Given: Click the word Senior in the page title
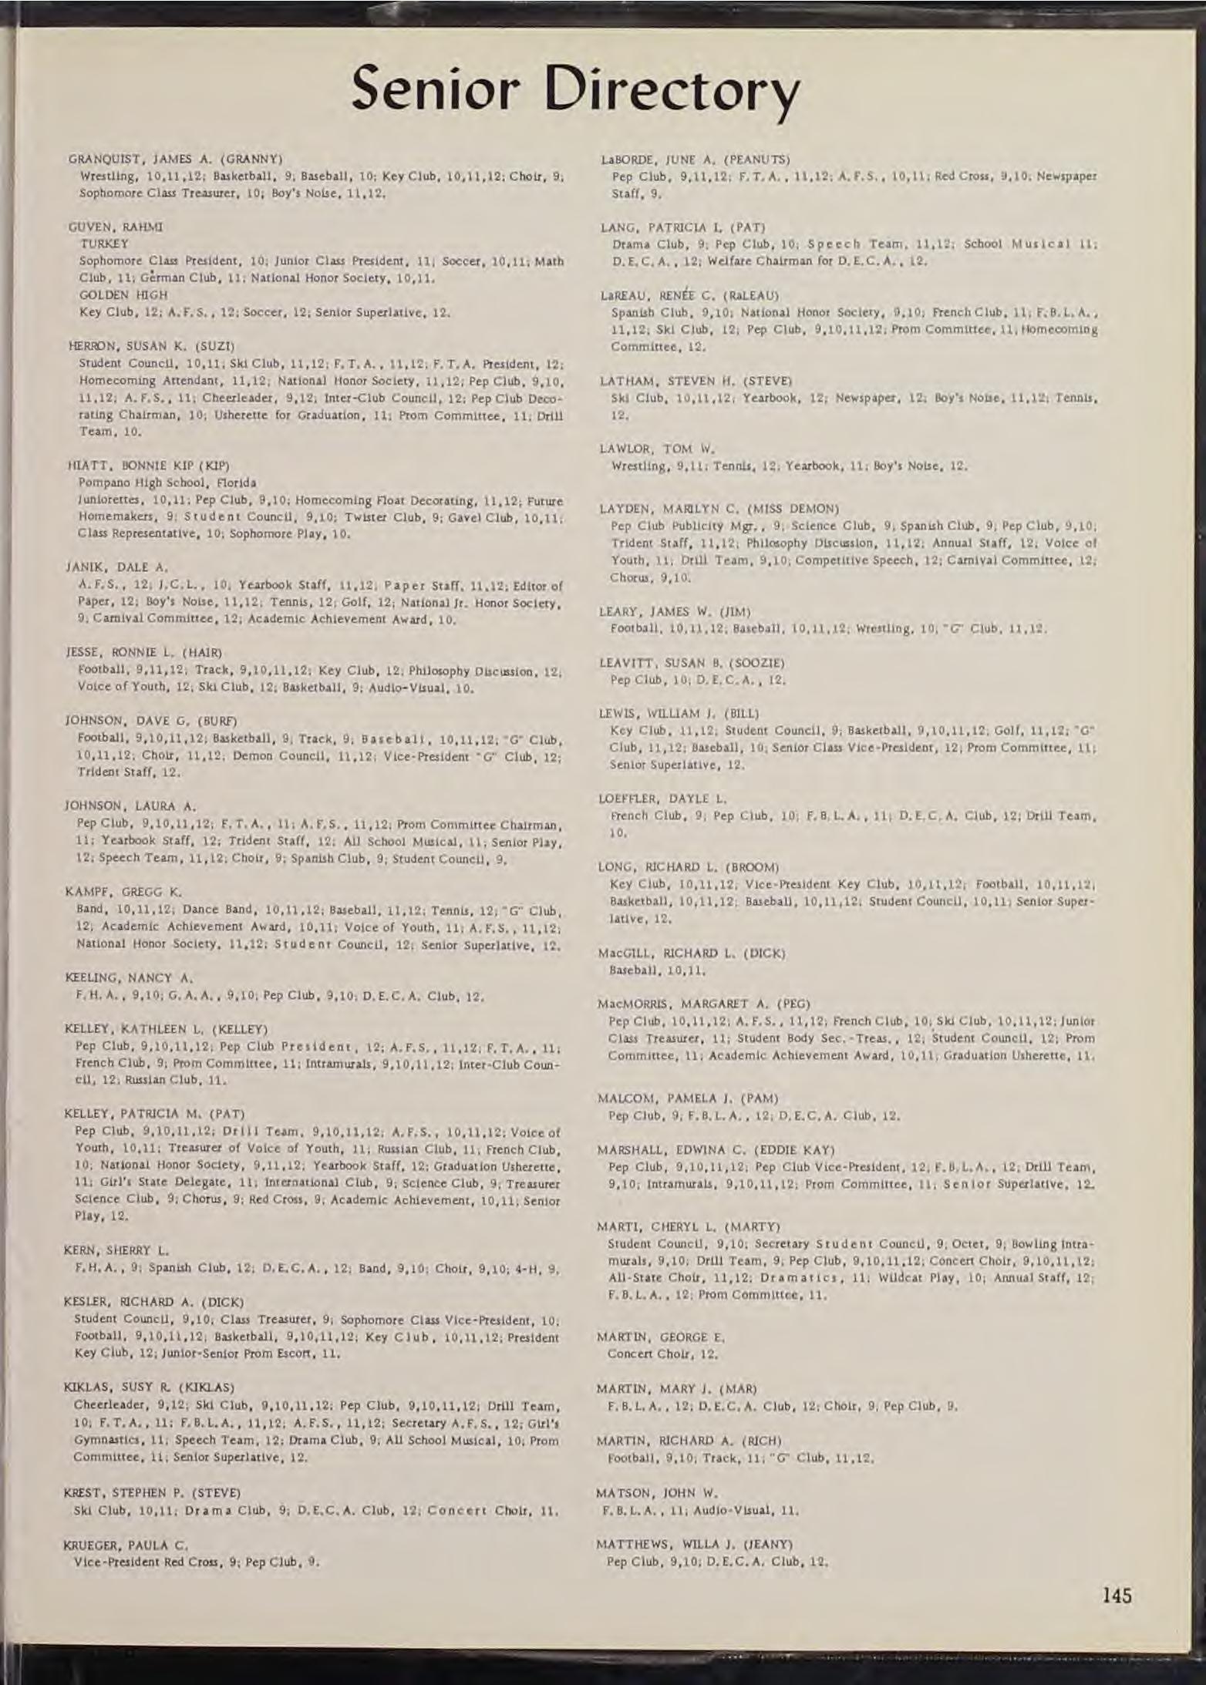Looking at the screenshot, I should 440,90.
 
